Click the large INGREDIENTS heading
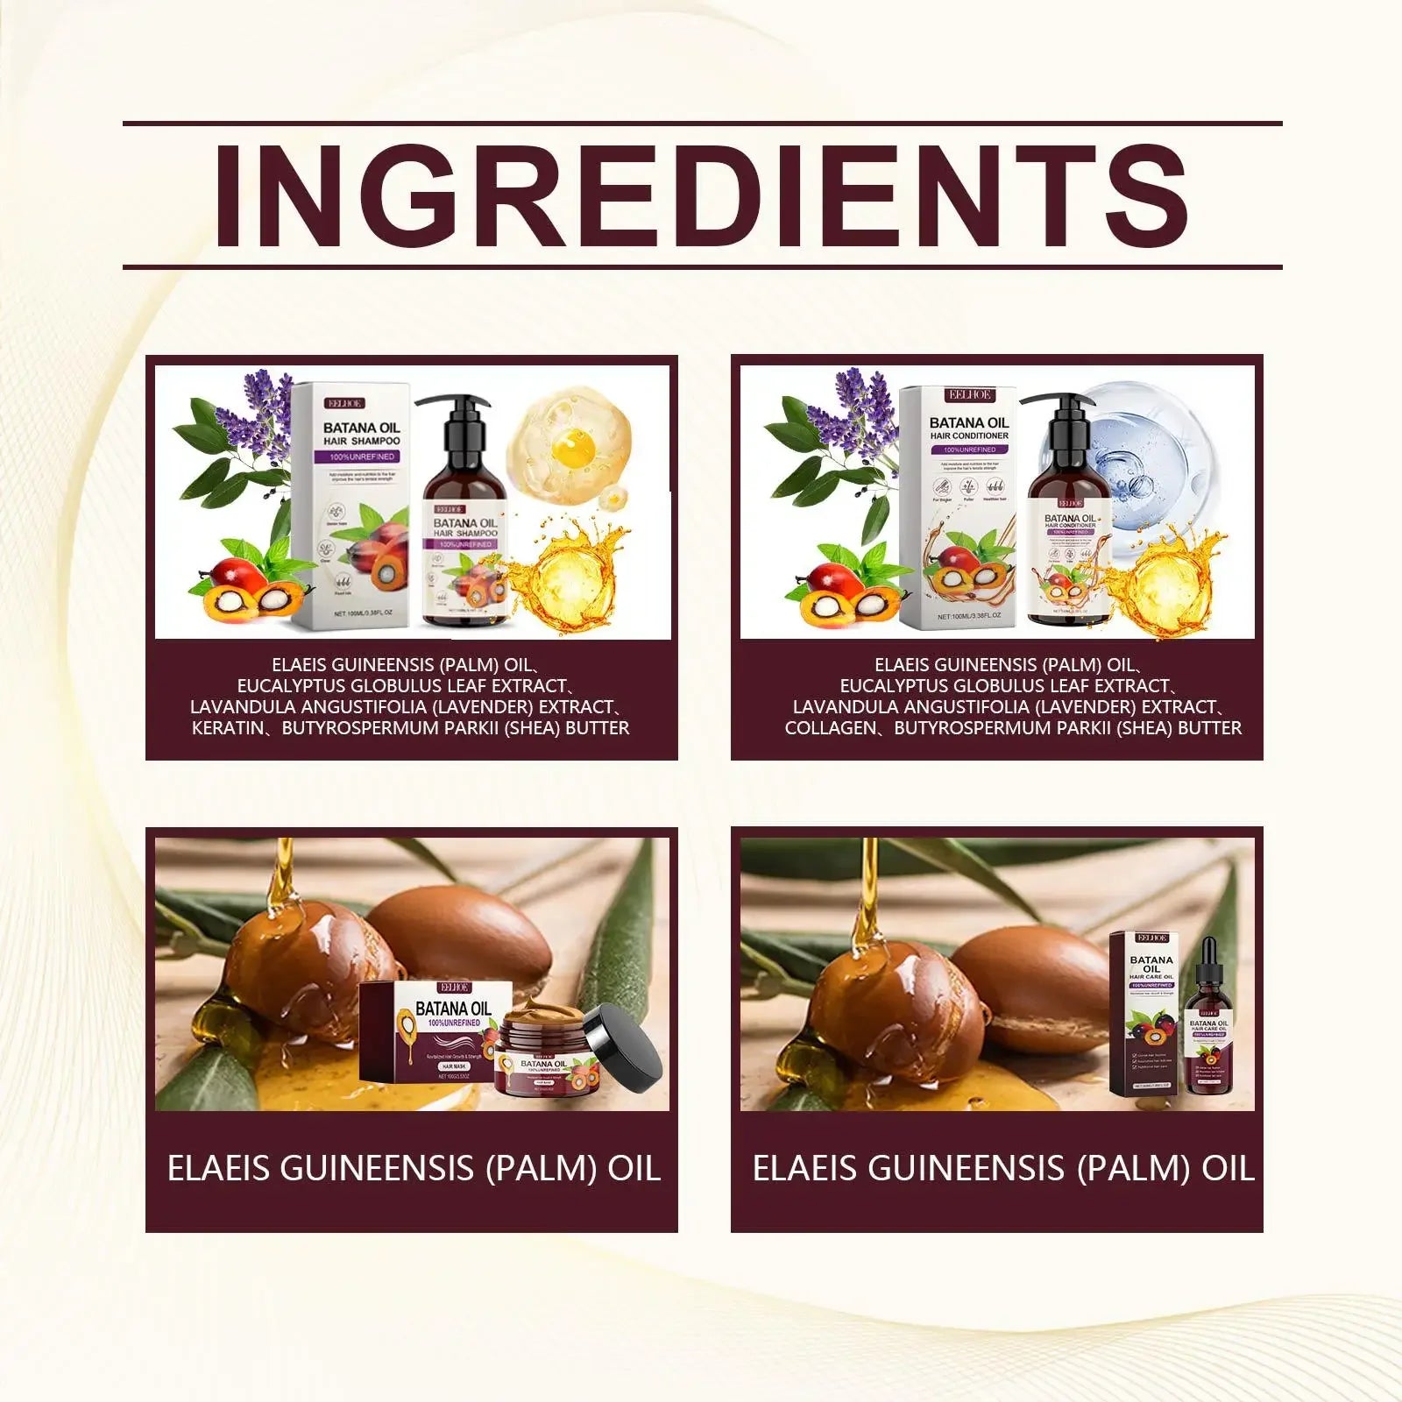[701, 195]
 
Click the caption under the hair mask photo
[412, 1169]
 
